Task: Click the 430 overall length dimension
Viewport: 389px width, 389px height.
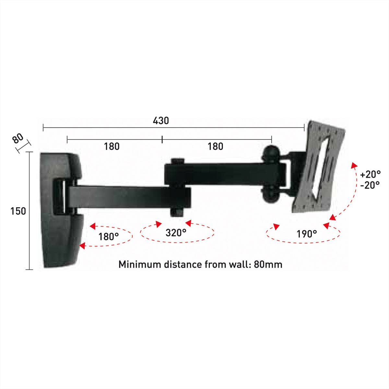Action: [x=161, y=121]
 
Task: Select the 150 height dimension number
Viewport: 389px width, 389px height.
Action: [x=18, y=211]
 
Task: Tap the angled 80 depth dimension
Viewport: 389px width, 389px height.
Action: [x=18, y=138]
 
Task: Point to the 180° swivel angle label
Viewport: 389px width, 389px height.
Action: [x=109, y=236]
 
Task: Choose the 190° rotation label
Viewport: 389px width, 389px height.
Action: [x=307, y=234]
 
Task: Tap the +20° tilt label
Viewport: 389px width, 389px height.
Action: [x=371, y=174]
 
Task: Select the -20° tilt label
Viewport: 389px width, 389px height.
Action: [x=370, y=185]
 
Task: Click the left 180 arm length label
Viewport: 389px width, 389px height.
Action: [x=112, y=146]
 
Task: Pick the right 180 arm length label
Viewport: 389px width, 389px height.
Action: [x=215, y=146]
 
